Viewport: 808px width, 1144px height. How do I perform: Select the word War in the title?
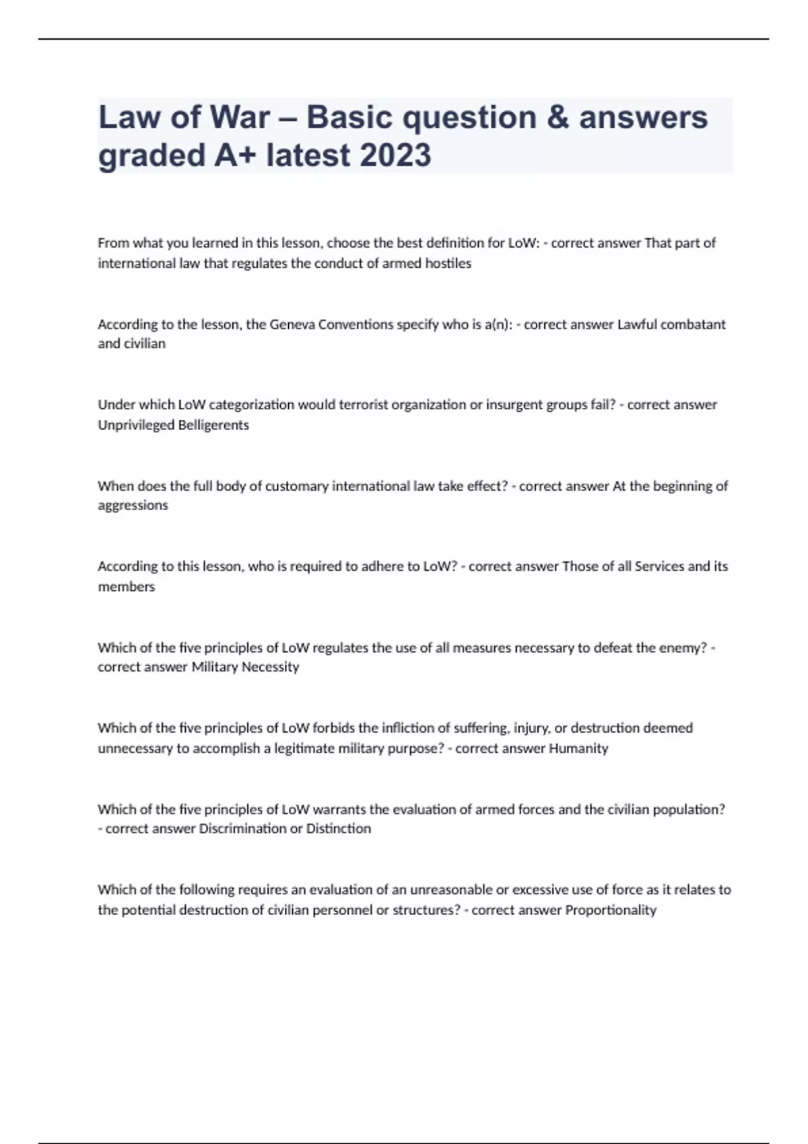coord(239,117)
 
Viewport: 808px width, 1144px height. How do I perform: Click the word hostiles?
coord(448,263)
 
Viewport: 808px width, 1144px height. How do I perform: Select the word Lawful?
coord(636,324)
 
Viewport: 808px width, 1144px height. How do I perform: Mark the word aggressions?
coord(133,505)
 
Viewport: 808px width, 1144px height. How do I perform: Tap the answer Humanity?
coord(578,748)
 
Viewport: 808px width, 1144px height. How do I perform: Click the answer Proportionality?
coord(611,910)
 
